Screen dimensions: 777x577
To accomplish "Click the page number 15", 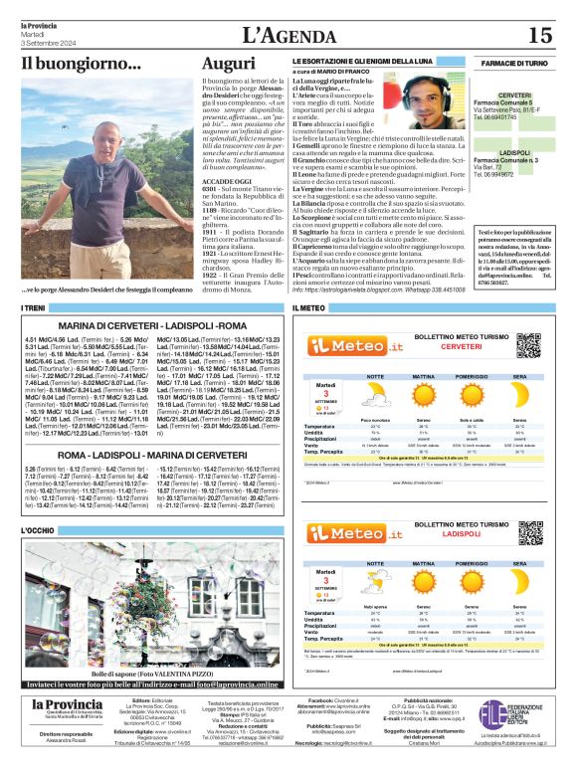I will pyautogui.click(x=539, y=35).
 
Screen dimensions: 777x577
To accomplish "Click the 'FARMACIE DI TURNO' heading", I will pyautogui.click(x=513, y=63).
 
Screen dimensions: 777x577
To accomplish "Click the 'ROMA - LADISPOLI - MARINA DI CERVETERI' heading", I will pyautogui.click(x=149, y=454).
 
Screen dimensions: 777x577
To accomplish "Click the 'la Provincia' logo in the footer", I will pyautogui.click(x=66, y=705).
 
